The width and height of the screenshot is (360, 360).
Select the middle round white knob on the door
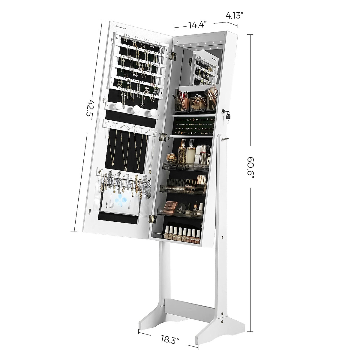click(137, 109)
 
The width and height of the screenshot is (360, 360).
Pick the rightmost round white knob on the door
click(153, 112)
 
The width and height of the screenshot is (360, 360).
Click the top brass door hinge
click(172, 55)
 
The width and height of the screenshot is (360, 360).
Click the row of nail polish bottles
click(181, 235)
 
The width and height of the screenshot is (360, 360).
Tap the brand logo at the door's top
click(121, 26)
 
